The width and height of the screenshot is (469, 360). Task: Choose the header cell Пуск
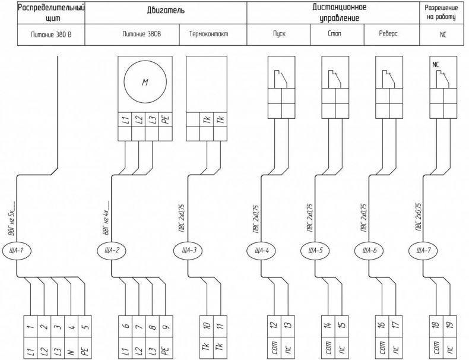[279, 34]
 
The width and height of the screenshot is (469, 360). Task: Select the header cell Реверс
[388, 34]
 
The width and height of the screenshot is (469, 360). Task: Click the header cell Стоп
[334, 34]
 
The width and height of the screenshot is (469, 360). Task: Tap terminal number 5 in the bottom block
[85, 326]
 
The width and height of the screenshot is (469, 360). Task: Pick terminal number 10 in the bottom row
[207, 326]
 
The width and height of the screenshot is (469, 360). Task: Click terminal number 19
[450, 326]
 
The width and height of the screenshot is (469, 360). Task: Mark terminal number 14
[328, 326]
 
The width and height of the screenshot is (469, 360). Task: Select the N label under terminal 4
[71, 349]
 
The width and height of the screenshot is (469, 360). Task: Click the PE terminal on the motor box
[166, 119]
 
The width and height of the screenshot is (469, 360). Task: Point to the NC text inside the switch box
[436, 65]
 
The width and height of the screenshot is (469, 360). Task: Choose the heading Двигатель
[166, 11]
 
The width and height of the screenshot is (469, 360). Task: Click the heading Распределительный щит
[51, 13]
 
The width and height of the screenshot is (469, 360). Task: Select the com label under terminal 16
[382, 349]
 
